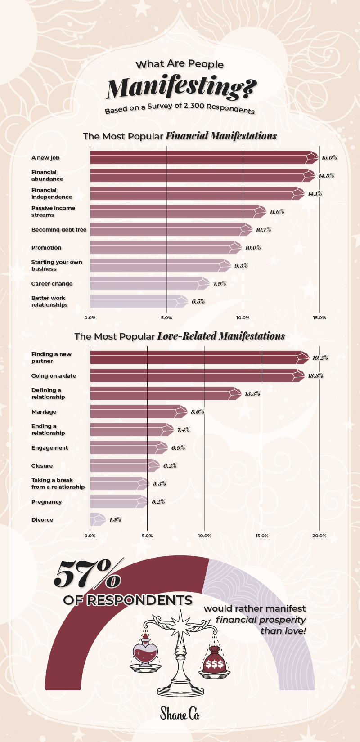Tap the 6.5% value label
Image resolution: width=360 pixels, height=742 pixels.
[x=198, y=302]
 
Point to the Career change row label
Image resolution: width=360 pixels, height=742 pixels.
[x=52, y=284]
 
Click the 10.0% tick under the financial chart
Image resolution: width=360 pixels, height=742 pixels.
[x=243, y=318]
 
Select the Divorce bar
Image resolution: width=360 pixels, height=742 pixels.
[x=98, y=520]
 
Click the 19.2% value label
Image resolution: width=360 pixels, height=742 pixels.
[x=320, y=358]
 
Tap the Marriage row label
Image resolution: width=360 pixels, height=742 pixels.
[x=44, y=412]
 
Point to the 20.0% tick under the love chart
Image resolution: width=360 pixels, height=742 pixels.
[x=319, y=536]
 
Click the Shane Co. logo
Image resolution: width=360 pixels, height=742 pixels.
[x=180, y=713]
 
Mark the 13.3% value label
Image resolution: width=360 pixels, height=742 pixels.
[x=252, y=394]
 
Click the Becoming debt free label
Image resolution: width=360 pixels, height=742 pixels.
[x=59, y=230]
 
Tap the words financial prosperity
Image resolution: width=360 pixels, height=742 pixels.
[x=261, y=620]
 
